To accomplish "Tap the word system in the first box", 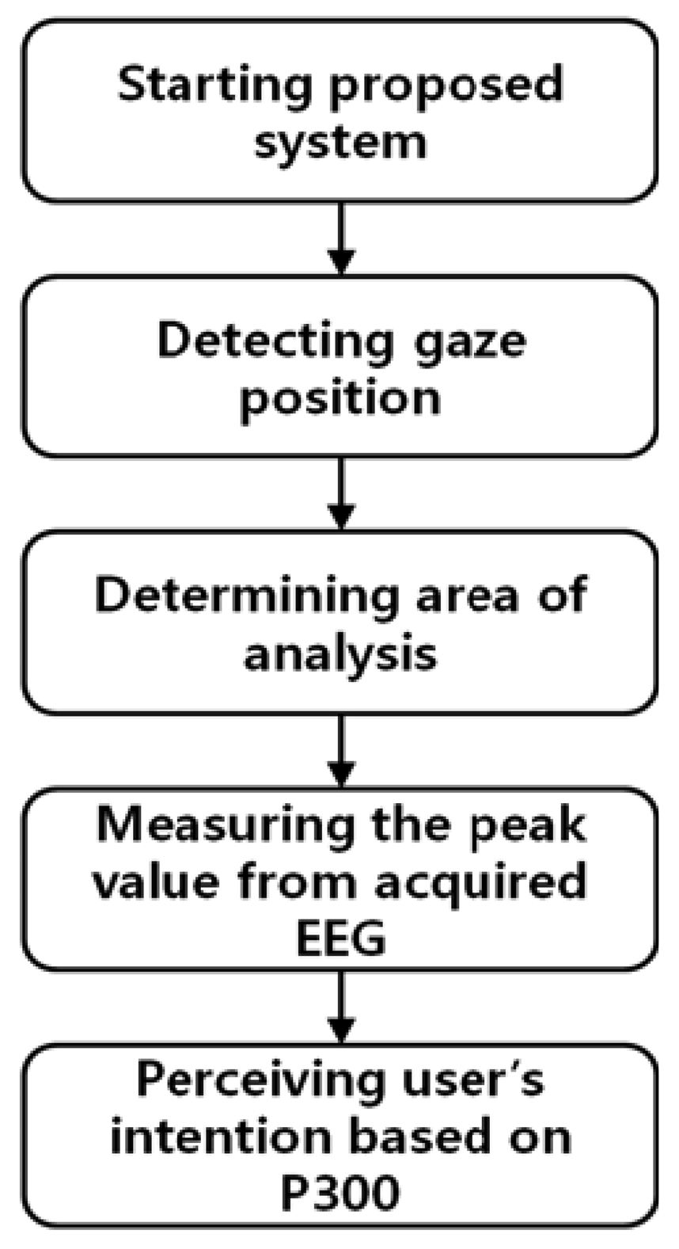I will (x=340, y=143).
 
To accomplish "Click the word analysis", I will (x=340, y=655).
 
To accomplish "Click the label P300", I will (x=340, y=1194).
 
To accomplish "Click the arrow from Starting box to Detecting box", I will (x=340, y=238).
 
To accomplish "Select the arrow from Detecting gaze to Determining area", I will (x=340, y=493).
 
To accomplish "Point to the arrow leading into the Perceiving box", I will (x=340, y=1006).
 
